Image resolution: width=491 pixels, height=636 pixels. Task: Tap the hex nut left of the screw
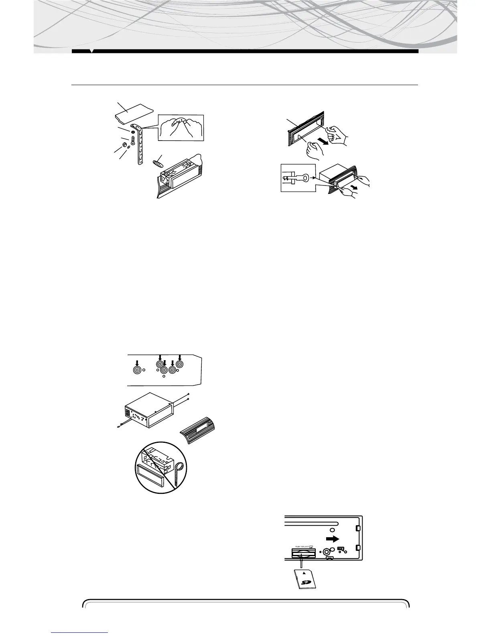coord(124,144)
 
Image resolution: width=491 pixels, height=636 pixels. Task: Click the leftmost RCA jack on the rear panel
coord(138,370)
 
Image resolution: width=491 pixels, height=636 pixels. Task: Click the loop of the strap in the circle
coord(179,468)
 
